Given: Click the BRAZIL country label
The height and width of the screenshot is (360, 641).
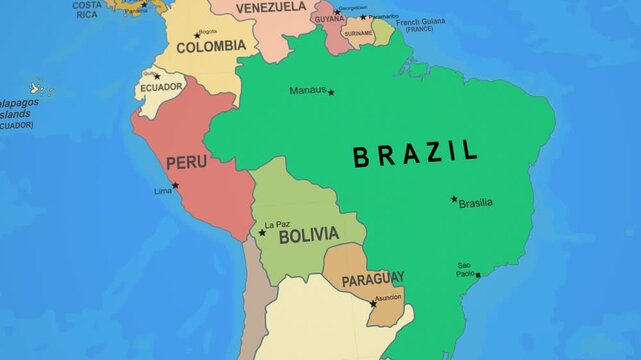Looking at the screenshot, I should point(415,155).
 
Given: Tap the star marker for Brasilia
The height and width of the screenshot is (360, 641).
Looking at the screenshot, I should point(453,198).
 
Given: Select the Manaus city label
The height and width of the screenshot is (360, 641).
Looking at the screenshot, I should point(307,90).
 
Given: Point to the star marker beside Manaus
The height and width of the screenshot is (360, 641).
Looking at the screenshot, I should point(331,92).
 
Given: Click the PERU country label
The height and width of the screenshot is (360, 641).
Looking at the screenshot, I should point(186,162).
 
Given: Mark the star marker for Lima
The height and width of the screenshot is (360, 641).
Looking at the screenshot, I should point(175,185).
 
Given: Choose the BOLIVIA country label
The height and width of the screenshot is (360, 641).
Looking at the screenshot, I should point(308,236).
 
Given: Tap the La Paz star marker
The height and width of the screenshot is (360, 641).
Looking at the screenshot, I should point(262,233).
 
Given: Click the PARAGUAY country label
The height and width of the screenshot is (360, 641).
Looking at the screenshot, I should point(373,279).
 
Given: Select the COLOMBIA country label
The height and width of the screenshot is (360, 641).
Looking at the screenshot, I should point(211,46).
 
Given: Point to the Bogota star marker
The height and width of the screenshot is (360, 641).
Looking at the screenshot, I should point(197,35).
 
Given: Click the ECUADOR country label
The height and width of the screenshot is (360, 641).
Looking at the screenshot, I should point(161,87).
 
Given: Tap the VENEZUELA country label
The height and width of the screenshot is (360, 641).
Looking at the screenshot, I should point(271,6).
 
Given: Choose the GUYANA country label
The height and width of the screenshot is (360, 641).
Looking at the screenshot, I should point(329,18).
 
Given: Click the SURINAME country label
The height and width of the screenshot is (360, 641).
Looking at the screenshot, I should point(358,33).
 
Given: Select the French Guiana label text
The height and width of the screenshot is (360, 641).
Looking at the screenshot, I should point(421,21).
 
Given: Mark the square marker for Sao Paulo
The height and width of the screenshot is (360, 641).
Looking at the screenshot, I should point(478,275).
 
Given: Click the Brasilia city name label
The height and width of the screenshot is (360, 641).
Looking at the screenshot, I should point(476,203).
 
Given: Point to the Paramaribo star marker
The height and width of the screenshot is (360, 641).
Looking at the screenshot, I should point(363,17).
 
